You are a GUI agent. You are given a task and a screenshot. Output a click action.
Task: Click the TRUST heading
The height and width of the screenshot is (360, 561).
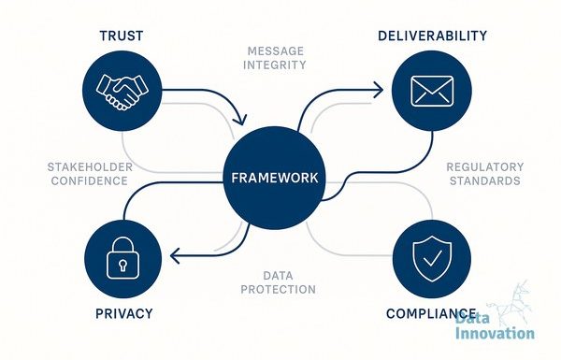[x=122, y=36]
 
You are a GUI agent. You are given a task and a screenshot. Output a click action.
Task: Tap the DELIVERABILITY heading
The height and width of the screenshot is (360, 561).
[x=432, y=36]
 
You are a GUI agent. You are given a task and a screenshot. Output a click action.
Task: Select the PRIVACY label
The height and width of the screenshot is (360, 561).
[x=123, y=313]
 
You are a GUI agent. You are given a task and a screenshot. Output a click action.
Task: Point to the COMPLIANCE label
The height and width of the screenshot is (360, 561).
[x=431, y=313]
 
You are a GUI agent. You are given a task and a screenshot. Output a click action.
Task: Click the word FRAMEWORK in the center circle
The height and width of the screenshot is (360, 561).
[x=274, y=178]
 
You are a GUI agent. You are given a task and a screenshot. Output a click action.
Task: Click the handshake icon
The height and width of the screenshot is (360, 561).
[x=122, y=92]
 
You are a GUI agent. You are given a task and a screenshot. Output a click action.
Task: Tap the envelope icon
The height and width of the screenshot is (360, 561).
[x=432, y=91]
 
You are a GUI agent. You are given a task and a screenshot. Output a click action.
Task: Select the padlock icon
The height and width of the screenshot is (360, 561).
[x=122, y=258]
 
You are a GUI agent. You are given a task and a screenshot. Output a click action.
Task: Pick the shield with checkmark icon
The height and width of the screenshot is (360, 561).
[x=432, y=258]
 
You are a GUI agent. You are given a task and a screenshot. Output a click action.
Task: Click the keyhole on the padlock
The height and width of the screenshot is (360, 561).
[x=122, y=266]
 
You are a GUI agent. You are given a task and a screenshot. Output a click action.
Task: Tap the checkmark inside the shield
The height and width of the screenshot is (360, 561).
[x=432, y=258]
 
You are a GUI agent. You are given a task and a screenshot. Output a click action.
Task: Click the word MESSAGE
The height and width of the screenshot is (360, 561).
[x=276, y=51]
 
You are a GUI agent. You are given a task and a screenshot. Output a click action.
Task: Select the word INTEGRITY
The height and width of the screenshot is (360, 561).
[x=274, y=65]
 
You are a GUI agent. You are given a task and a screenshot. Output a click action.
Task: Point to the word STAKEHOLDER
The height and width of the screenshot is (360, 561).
[x=90, y=167]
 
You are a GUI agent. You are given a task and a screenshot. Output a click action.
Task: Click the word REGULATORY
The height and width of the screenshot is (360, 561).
[x=484, y=167]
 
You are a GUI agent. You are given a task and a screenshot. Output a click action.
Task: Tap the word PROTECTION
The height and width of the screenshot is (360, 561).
[x=278, y=289]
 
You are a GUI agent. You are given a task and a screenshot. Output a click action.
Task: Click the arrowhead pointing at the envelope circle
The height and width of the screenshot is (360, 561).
[x=378, y=90]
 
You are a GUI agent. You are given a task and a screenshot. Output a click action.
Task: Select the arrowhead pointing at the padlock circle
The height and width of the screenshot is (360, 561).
[x=176, y=256]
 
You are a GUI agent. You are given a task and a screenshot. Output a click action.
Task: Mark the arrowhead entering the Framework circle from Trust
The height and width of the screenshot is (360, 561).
[x=240, y=120]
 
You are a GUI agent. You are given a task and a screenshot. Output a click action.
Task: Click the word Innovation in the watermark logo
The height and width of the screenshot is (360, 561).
[x=495, y=333]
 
